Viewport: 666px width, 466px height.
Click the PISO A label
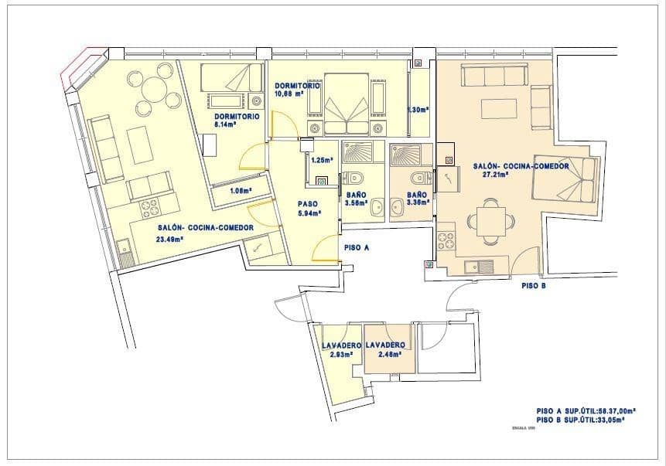pos(356,248)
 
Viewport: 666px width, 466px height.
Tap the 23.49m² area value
pos(170,239)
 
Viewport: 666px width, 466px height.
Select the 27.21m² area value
pos(494,175)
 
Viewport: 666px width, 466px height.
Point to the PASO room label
pos(308,205)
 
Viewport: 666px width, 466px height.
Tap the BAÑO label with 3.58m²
pos(356,196)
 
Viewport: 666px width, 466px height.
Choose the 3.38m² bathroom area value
pos(418,204)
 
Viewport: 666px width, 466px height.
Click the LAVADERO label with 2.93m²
pos(341,345)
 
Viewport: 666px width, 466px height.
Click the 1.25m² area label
pos(321,161)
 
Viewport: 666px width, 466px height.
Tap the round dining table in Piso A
pos(156,95)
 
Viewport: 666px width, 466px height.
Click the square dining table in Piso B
pos(490,222)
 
